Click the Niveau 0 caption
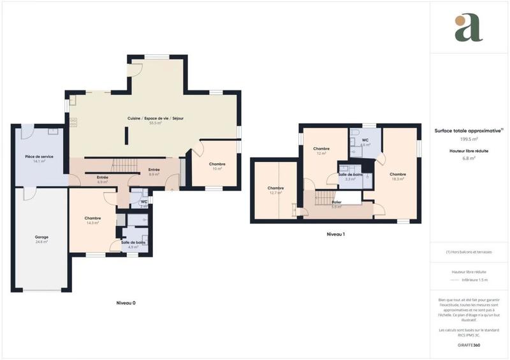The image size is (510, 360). tap(126, 303)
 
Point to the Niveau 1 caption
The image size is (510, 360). tap(335, 234)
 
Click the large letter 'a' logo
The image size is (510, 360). tap(469, 27)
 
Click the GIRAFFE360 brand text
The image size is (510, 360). tap(469, 345)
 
